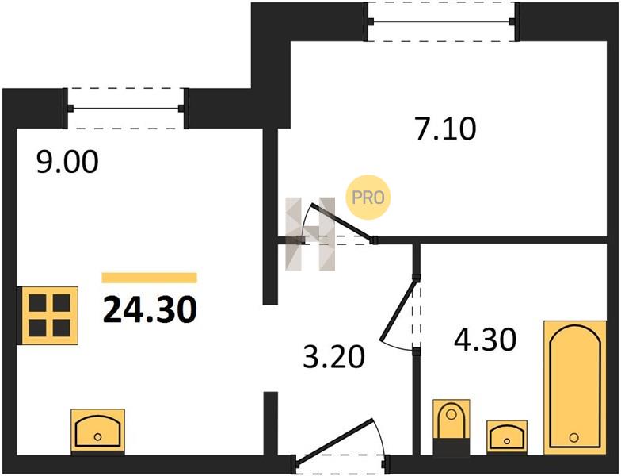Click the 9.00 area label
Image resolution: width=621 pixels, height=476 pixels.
click(67, 162)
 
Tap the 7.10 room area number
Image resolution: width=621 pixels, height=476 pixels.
click(446, 129)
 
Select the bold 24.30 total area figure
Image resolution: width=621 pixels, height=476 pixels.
click(150, 309)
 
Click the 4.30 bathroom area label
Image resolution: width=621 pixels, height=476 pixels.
click(485, 340)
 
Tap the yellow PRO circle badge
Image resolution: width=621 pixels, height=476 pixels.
click(368, 197)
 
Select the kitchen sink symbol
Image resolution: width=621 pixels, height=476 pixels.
click(98, 432)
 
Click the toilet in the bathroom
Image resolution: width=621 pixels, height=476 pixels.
click(451, 427)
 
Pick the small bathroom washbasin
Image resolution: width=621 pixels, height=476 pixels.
click(507, 437)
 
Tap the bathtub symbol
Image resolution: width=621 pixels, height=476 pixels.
click(575, 387)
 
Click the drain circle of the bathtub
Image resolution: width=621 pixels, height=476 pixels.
click(573, 438)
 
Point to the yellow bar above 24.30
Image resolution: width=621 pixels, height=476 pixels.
click(149, 278)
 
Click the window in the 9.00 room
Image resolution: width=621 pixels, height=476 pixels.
click(125, 108)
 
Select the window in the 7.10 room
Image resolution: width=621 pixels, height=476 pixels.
click(441, 22)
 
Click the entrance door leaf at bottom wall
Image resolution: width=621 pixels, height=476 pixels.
click(334, 440)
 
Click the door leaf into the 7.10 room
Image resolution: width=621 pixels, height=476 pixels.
click(342, 221)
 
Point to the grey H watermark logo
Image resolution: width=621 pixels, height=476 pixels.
click(310, 233)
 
